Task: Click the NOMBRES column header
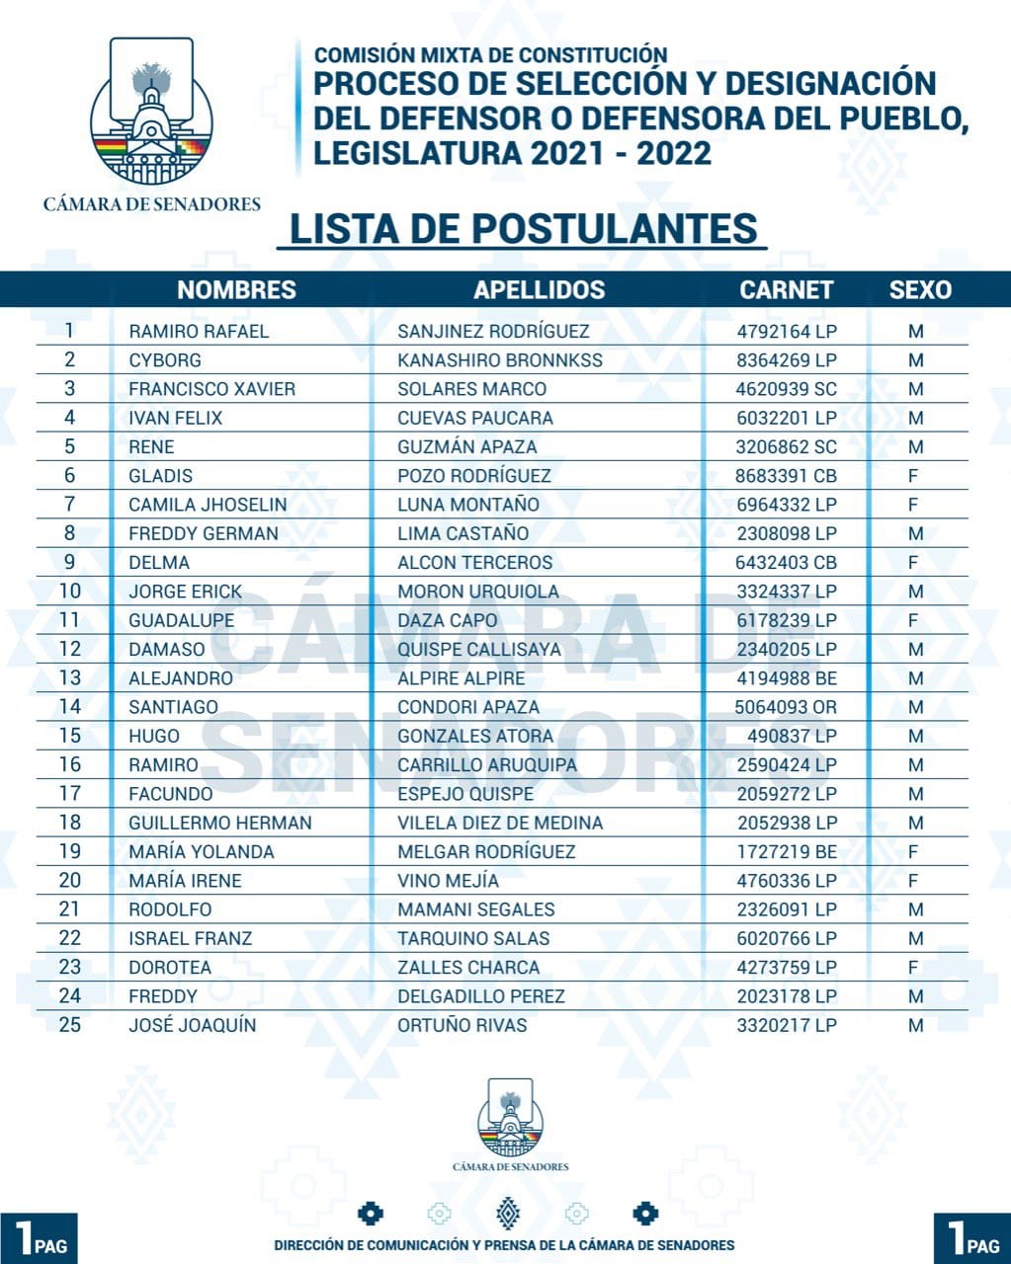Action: pos(236,289)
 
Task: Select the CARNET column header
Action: pos(787,289)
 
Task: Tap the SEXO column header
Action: pos(920,289)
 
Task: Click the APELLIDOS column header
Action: pos(539,289)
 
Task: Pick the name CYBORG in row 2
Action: pos(165,359)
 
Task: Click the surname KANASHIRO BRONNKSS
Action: pos(500,359)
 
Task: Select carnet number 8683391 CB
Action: pos(786,475)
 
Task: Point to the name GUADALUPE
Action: pos(182,620)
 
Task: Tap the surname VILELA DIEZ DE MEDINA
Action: pos(500,823)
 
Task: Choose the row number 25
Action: pos(70,1025)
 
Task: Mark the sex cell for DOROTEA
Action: pos(914,967)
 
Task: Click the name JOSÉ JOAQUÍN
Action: pos(193,1025)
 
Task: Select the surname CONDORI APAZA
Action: pos(468,707)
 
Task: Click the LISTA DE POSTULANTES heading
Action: pos(523,228)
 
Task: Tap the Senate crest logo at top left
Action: pos(151,111)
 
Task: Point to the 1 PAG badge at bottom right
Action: pos(972,1238)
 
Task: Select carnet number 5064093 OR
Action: pos(786,707)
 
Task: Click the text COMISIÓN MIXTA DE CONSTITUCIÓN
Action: pos(491,55)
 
